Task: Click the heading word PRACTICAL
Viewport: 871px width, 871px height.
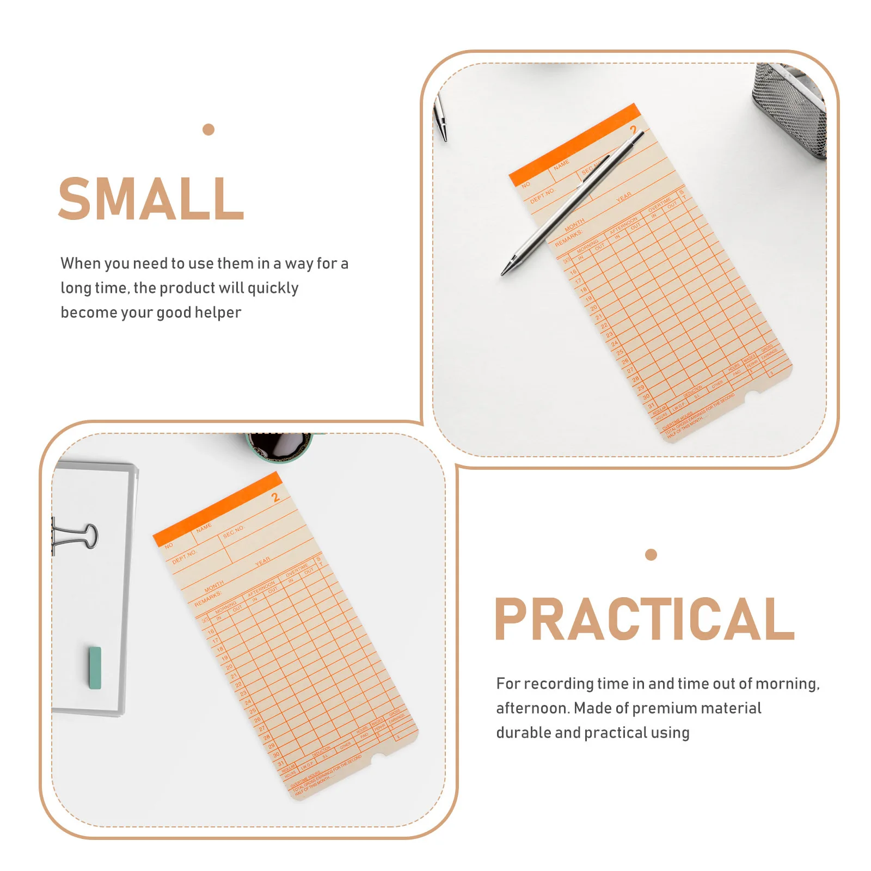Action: click(645, 619)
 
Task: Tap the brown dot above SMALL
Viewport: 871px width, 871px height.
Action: click(208, 130)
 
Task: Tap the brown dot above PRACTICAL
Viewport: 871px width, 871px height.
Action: click(651, 555)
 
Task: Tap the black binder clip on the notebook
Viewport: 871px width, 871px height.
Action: click(76, 536)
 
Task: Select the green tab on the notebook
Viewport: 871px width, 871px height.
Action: click(95, 668)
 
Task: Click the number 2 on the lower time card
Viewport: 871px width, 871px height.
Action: click(275, 496)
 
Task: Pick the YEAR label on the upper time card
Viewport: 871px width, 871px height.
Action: click(624, 197)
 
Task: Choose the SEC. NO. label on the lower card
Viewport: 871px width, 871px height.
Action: click(234, 531)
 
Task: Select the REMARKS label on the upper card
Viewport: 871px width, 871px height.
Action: click(568, 238)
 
